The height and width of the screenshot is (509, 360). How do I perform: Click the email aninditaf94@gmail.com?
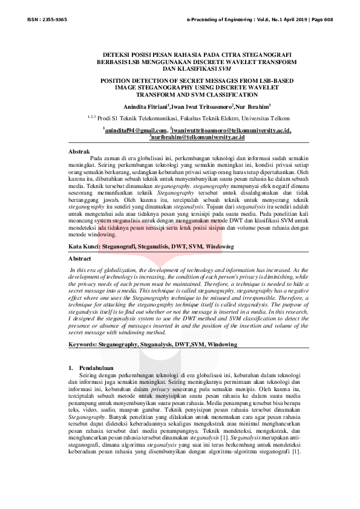(135, 130)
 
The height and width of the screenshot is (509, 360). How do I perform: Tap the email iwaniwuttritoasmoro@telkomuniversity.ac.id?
(232, 130)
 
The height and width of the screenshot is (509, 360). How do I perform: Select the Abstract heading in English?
(80, 259)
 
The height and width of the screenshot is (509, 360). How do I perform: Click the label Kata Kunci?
(85, 248)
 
